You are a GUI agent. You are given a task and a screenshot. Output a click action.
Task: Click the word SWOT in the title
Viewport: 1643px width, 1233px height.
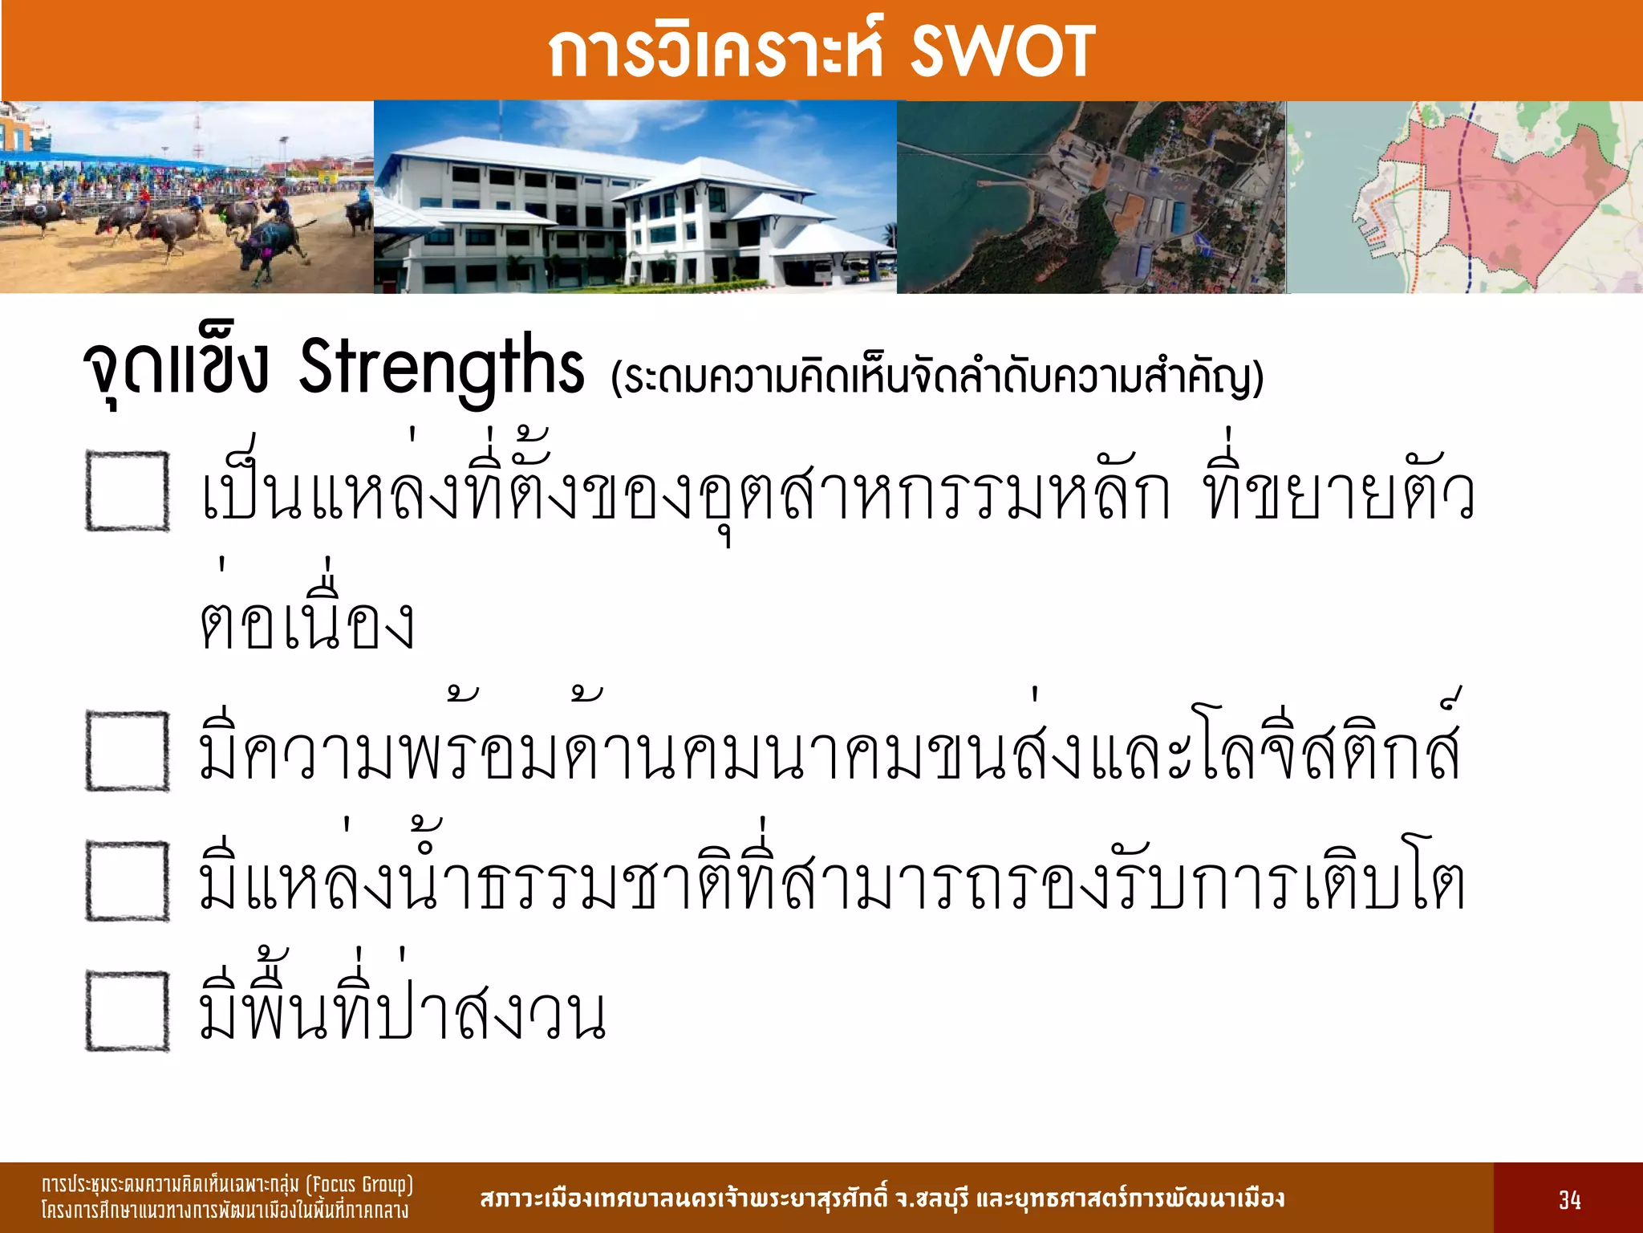(1002, 51)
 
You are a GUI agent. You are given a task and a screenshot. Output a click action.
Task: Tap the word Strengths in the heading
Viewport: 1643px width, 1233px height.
(441, 367)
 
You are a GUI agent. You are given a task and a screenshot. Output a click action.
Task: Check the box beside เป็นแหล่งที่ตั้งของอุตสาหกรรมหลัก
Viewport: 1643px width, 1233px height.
(128, 491)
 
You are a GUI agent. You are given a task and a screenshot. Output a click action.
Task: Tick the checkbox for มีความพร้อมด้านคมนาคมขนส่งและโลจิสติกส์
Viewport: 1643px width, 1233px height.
(128, 751)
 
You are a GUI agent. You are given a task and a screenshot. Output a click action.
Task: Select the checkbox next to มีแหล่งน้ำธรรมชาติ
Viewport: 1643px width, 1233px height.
(128, 881)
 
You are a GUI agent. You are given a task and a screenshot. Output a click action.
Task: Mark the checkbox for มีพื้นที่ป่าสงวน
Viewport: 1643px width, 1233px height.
(128, 1011)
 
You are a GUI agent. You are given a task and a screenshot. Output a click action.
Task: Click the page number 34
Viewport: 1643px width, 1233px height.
(1569, 1200)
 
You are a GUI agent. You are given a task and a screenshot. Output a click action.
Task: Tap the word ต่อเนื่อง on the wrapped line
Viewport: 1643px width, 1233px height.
(307, 622)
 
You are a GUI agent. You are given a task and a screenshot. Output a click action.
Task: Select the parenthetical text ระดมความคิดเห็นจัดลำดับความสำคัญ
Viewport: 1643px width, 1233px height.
(937, 377)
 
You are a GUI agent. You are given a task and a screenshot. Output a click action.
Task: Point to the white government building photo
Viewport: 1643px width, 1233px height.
(634, 201)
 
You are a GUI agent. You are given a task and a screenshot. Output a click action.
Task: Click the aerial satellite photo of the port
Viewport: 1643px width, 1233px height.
(1091, 201)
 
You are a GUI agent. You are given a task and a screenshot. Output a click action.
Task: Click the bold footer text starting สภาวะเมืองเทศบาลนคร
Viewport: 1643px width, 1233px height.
(882, 1198)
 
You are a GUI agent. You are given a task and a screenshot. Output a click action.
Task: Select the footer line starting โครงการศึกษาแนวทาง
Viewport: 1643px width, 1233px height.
(225, 1211)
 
